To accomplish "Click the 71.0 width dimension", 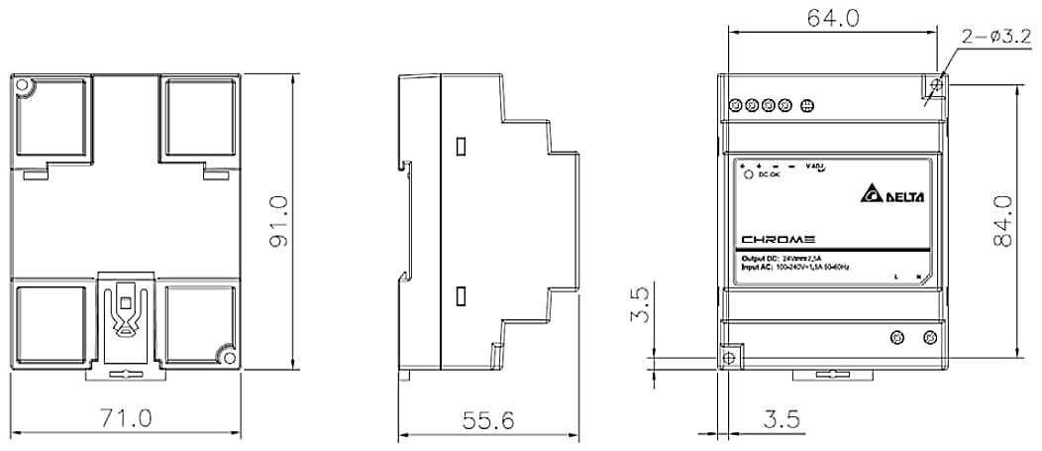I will click(x=126, y=419).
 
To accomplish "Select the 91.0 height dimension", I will click(x=278, y=221).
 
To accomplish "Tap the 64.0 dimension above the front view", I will click(x=831, y=19).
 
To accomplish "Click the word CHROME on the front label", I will click(x=779, y=239).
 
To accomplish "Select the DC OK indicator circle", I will click(x=749, y=174).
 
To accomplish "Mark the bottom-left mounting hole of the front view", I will click(x=731, y=356).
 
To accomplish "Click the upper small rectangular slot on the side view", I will click(x=461, y=147).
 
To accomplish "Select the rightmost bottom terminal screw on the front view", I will click(x=928, y=338).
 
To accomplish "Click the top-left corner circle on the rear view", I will click(x=24, y=86).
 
